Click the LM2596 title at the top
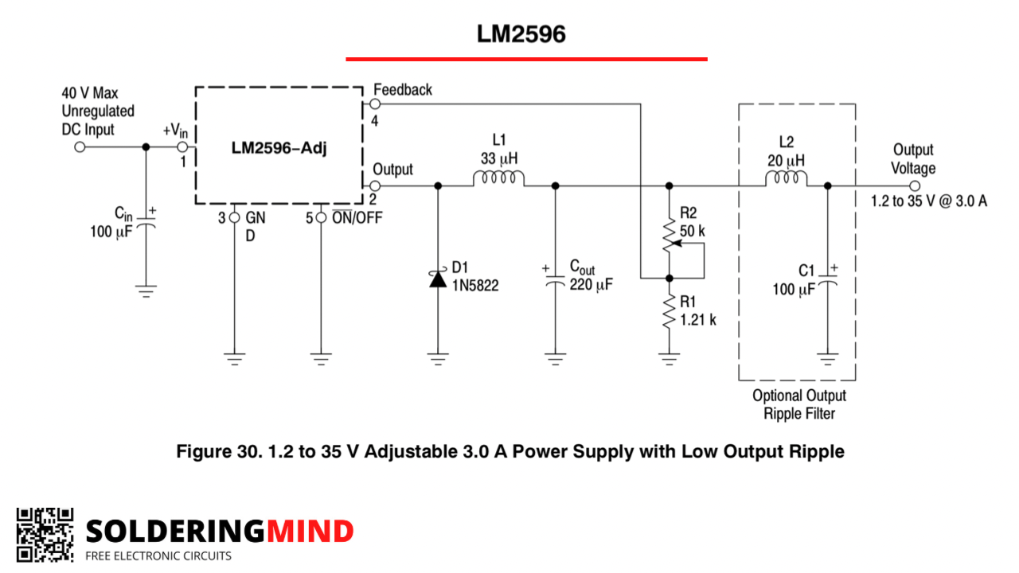(521, 33)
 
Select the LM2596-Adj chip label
(279, 148)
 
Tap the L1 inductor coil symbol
(498, 177)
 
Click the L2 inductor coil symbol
(786, 177)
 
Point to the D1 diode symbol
(438, 279)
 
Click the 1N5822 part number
(475, 286)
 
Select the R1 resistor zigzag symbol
(670, 311)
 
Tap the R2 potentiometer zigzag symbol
(670, 235)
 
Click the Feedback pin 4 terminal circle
(375, 104)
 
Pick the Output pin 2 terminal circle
(375, 185)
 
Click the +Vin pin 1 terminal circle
(182, 147)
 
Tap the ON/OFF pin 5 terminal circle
(321, 218)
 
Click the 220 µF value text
(591, 285)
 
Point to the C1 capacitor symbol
(827, 279)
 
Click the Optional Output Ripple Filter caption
(799, 404)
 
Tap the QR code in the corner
(45, 535)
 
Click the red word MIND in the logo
(310, 531)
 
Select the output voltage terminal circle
(915, 186)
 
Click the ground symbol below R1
(670, 359)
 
